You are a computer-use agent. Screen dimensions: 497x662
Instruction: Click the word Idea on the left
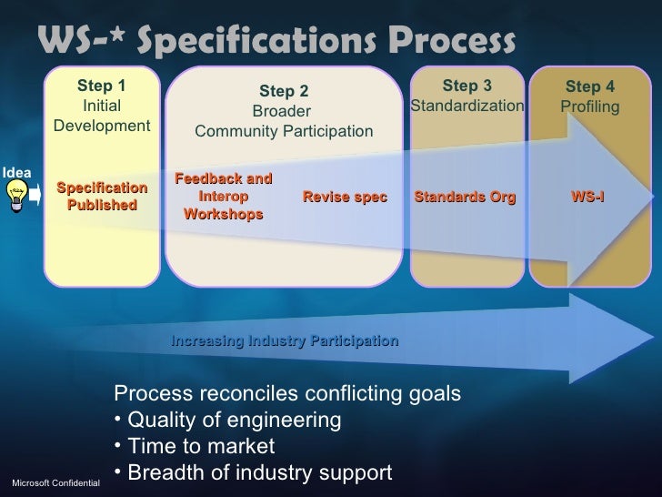[x=16, y=172]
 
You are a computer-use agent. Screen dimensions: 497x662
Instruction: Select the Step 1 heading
[x=102, y=86]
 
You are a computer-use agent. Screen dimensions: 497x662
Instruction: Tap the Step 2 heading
[x=284, y=91]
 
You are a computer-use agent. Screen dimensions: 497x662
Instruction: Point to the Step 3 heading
[x=466, y=86]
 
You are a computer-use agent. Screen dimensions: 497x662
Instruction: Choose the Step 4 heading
[x=590, y=87]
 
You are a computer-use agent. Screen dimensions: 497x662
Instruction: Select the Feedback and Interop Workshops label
[x=223, y=197]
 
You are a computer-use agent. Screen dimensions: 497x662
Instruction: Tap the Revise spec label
[x=345, y=198]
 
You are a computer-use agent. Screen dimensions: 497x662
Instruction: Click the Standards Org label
[x=465, y=198]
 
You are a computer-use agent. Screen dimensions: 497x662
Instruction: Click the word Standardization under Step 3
[x=467, y=107]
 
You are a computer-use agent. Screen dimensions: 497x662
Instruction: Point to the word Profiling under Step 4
[x=590, y=107]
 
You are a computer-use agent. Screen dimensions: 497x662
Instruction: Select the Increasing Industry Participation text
[x=285, y=341]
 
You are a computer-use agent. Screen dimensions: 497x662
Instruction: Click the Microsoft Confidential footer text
[x=55, y=481]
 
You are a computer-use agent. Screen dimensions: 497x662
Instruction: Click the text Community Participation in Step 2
[x=284, y=133]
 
